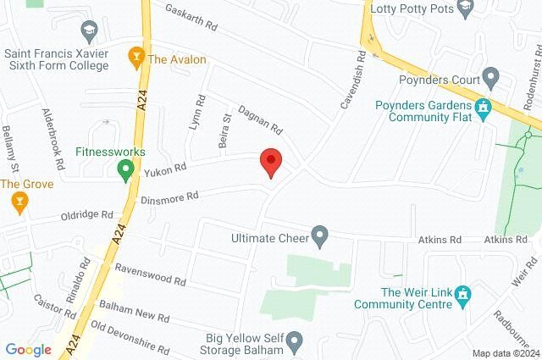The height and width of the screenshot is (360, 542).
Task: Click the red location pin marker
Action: [x=270, y=162]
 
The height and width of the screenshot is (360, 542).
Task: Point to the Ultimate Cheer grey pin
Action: [x=319, y=236]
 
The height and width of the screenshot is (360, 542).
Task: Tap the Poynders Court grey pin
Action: [x=489, y=76]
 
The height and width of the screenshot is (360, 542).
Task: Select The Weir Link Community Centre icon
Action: [x=462, y=295]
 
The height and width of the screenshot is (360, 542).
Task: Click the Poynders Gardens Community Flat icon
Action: [x=484, y=108]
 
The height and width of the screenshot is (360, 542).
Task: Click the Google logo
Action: [x=28, y=349]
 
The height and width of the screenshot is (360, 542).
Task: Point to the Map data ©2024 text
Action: [x=506, y=353]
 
